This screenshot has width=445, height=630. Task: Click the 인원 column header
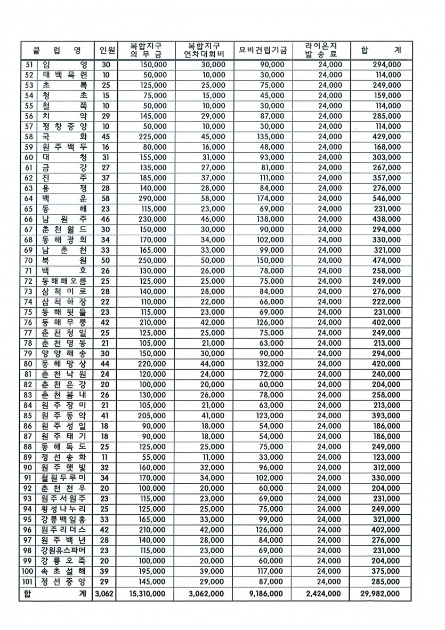(x=107, y=51)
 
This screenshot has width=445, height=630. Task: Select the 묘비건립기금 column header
(x=263, y=51)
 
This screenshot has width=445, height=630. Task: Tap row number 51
(x=29, y=65)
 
